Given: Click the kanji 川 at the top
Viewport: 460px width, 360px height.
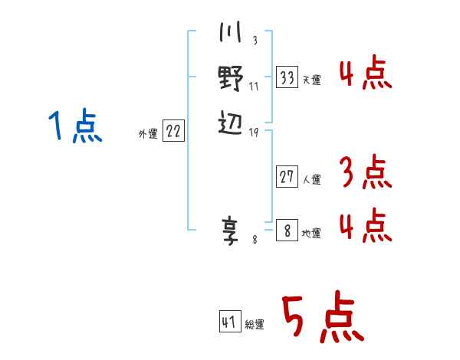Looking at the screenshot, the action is click(x=230, y=31).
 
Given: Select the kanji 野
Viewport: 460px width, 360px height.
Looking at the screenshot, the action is click(x=231, y=78).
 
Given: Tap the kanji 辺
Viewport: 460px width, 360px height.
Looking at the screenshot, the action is click(x=231, y=123).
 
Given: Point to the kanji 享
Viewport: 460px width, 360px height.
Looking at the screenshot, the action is click(x=230, y=231).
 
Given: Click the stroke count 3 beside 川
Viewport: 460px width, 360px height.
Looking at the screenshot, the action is click(x=255, y=40).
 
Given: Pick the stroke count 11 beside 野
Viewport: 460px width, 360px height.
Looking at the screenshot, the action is click(x=254, y=87).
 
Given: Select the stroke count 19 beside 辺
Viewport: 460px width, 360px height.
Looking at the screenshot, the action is click(x=254, y=133).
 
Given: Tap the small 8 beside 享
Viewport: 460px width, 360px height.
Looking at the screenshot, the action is click(x=255, y=240).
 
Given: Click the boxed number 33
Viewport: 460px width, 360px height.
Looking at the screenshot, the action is click(x=287, y=77).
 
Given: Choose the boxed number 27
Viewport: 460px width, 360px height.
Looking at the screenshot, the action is click(x=287, y=176).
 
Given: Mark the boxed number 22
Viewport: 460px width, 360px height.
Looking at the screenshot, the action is click(x=173, y=130).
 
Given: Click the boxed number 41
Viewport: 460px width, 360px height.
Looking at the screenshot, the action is click(x=230, y=322).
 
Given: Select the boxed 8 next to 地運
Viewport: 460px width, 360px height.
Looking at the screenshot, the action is click(x=287, y=230).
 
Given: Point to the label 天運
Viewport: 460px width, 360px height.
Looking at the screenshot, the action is click(x=312, y=80).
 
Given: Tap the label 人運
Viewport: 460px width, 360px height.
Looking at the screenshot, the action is click(x=312, y=179).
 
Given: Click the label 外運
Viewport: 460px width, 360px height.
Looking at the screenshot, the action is click(x=148, y=134).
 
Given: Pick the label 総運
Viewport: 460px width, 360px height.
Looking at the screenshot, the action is click(x=255, y=324).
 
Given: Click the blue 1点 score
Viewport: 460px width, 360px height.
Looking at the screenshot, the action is click(x=75, y=126).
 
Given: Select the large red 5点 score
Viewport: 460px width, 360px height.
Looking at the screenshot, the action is click(x=323, y=316).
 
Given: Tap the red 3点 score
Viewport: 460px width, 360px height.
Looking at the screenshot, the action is click(x=366, y=172).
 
